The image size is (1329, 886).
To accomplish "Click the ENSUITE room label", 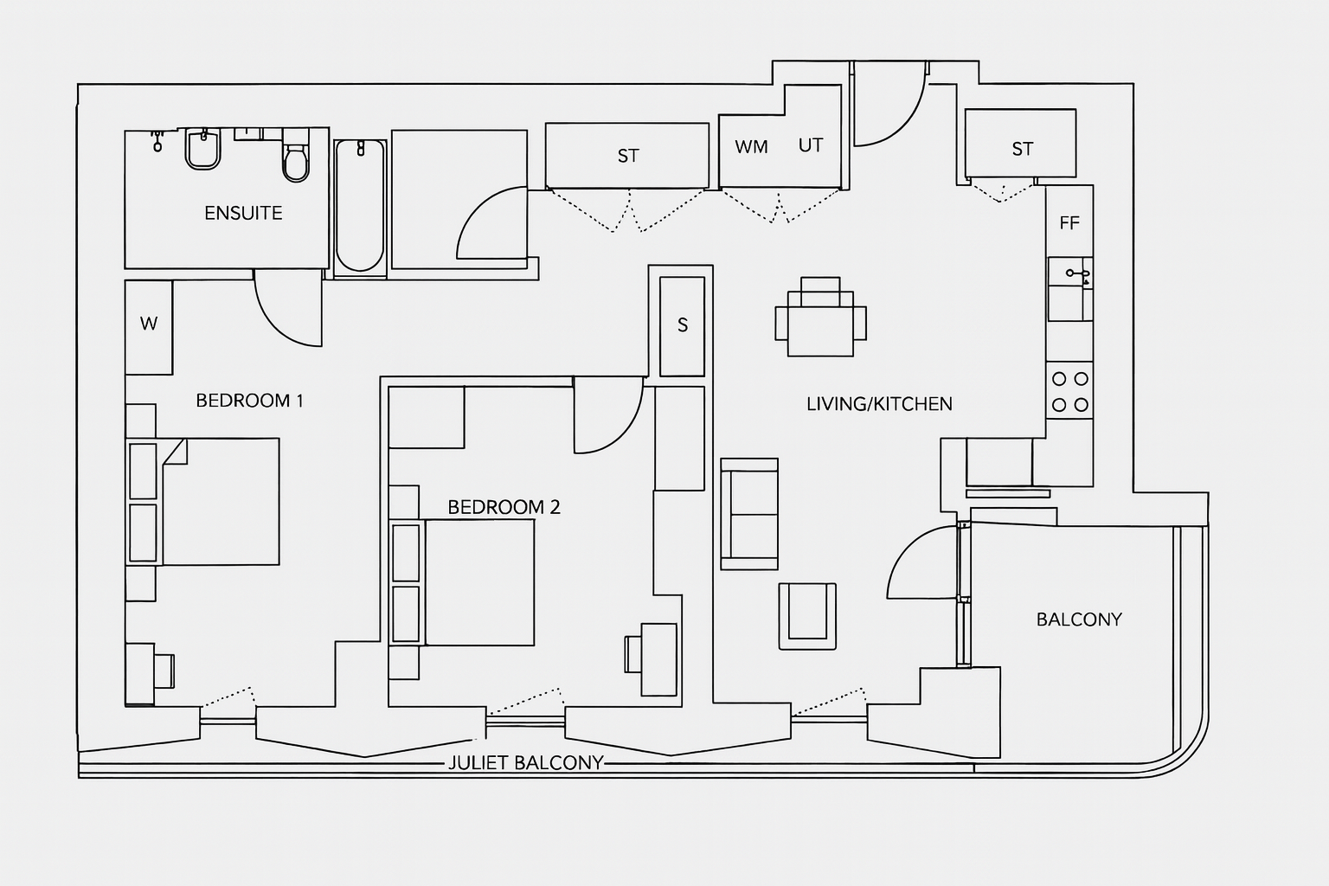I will point(243,213).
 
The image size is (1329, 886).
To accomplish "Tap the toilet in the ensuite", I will point(296,161).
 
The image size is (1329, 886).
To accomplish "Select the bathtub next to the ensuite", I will point(359,206).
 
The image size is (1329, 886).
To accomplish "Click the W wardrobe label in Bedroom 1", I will point(149,324).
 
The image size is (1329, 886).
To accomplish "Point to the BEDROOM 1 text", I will point(249,401).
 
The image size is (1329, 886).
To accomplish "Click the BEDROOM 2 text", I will point(504,507).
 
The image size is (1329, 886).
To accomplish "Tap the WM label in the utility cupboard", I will point(751,147).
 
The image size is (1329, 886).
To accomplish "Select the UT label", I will point(810,145).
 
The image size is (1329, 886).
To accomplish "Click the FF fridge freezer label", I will point(1069,223).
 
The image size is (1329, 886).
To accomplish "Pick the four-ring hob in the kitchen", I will point(1069,391).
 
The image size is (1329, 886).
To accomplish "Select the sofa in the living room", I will point(749,514).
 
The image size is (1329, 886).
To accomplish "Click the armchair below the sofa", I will point(807,615).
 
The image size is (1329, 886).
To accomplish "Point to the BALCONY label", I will point(1079,620).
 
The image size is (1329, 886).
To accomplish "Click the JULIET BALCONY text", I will point(525,763).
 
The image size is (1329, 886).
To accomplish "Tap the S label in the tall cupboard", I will point(683,325).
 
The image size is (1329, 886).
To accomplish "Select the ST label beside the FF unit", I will point(1022,149).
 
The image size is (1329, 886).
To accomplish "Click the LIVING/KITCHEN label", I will point(879,404).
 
